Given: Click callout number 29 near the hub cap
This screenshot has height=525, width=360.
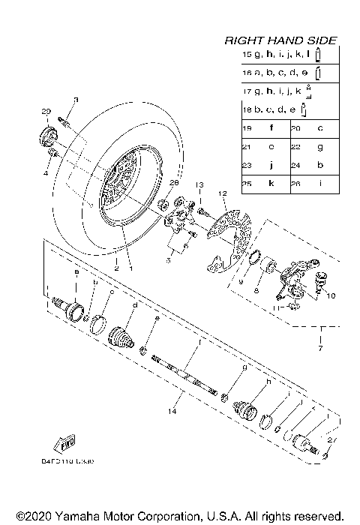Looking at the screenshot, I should click(x=45, y=111).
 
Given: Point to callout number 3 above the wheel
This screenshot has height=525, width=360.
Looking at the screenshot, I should click(x=75, y=100).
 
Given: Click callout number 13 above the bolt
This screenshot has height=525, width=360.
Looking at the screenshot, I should click(x=200, y=184).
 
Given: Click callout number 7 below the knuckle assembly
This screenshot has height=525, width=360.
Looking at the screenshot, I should click(x=321, y=350).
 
